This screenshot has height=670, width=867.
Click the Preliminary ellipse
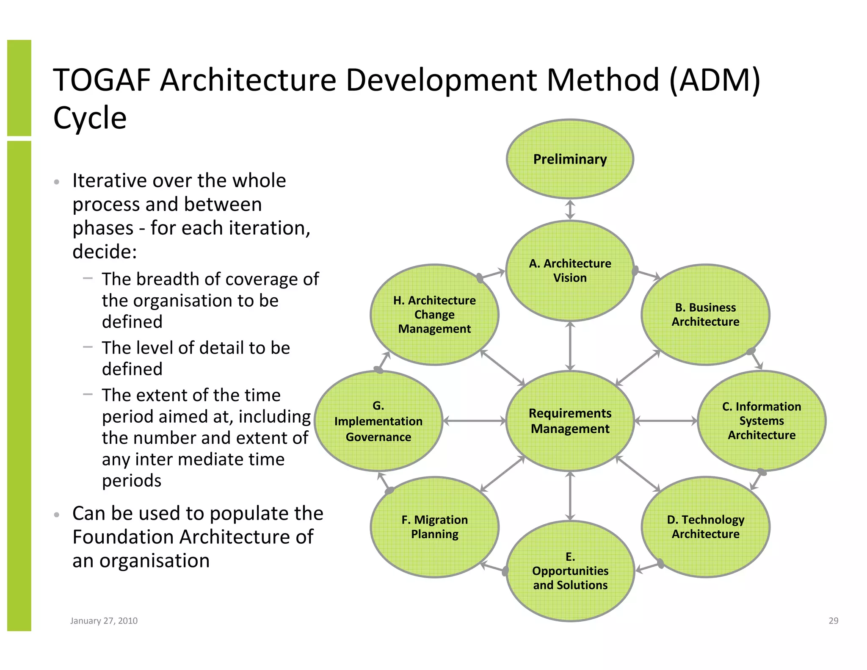(570, 159)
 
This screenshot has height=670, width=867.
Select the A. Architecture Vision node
(570, 271)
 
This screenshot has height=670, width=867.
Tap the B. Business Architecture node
(705, 315)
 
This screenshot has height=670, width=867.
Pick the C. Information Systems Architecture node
(762, 421)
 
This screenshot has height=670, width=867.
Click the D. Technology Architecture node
(705, 527)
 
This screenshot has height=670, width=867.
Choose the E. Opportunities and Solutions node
(570, 571)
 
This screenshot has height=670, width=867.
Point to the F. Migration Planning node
(434, 527)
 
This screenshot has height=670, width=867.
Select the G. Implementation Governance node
(378, 421)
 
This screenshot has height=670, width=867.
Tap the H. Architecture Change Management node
(434, 315)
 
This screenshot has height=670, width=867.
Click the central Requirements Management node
(570, 421)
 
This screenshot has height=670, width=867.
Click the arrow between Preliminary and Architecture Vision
(570, 210)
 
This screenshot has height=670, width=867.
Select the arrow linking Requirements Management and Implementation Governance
(474, 421)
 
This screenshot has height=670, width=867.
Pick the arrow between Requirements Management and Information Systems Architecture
(665, 421)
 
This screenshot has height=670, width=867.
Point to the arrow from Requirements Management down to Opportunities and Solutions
(570, 496)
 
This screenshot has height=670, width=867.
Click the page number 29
(833, 621)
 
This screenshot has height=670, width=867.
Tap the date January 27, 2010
(104, 621)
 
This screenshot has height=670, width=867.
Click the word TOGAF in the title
(102, 80)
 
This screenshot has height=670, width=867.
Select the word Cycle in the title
(90, 118)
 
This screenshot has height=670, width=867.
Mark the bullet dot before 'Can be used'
(56, 515)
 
